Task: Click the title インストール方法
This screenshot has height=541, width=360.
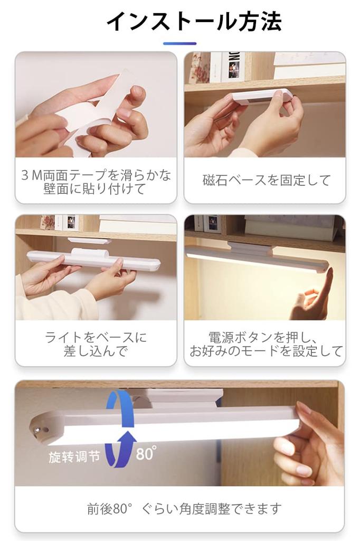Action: point(194,21)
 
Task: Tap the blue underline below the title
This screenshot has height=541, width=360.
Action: point(179,43)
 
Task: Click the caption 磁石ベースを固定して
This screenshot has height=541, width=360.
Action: point(266,180)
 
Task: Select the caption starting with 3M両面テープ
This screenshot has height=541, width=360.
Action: point(96,182)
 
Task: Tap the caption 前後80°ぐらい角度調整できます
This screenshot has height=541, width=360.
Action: point(184,509)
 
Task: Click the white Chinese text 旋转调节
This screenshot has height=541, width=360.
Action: point(74,457)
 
